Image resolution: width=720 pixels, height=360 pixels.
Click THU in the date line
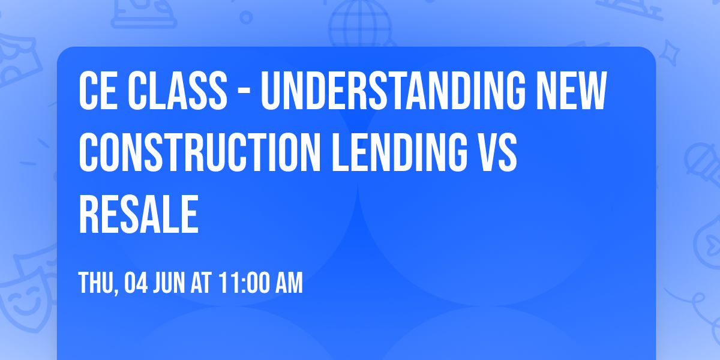(96, 283)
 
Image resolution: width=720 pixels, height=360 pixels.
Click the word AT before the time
(202, 283)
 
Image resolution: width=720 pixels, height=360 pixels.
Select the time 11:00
(244, 283)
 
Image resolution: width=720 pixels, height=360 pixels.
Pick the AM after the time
(287, 283)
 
